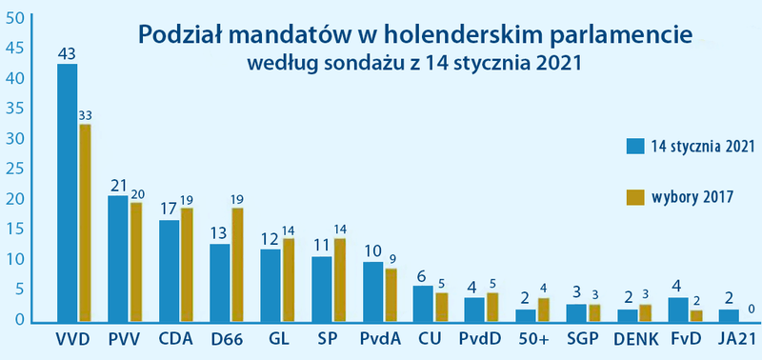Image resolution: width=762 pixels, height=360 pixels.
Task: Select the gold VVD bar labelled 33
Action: click(x=85, y=224)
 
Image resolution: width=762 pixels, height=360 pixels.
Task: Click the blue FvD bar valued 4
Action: click(x=678, y=310)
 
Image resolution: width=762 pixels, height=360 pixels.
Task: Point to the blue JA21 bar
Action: click(x=729, y=316)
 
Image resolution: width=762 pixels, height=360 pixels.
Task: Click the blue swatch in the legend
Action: click(x=636, y=146)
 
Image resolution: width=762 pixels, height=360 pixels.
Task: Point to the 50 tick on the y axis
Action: click(x=13, y=17)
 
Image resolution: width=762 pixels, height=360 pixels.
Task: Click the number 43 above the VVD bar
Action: click(x=67, y=53)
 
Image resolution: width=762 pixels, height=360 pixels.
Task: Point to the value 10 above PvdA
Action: click(x=373, y=251)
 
